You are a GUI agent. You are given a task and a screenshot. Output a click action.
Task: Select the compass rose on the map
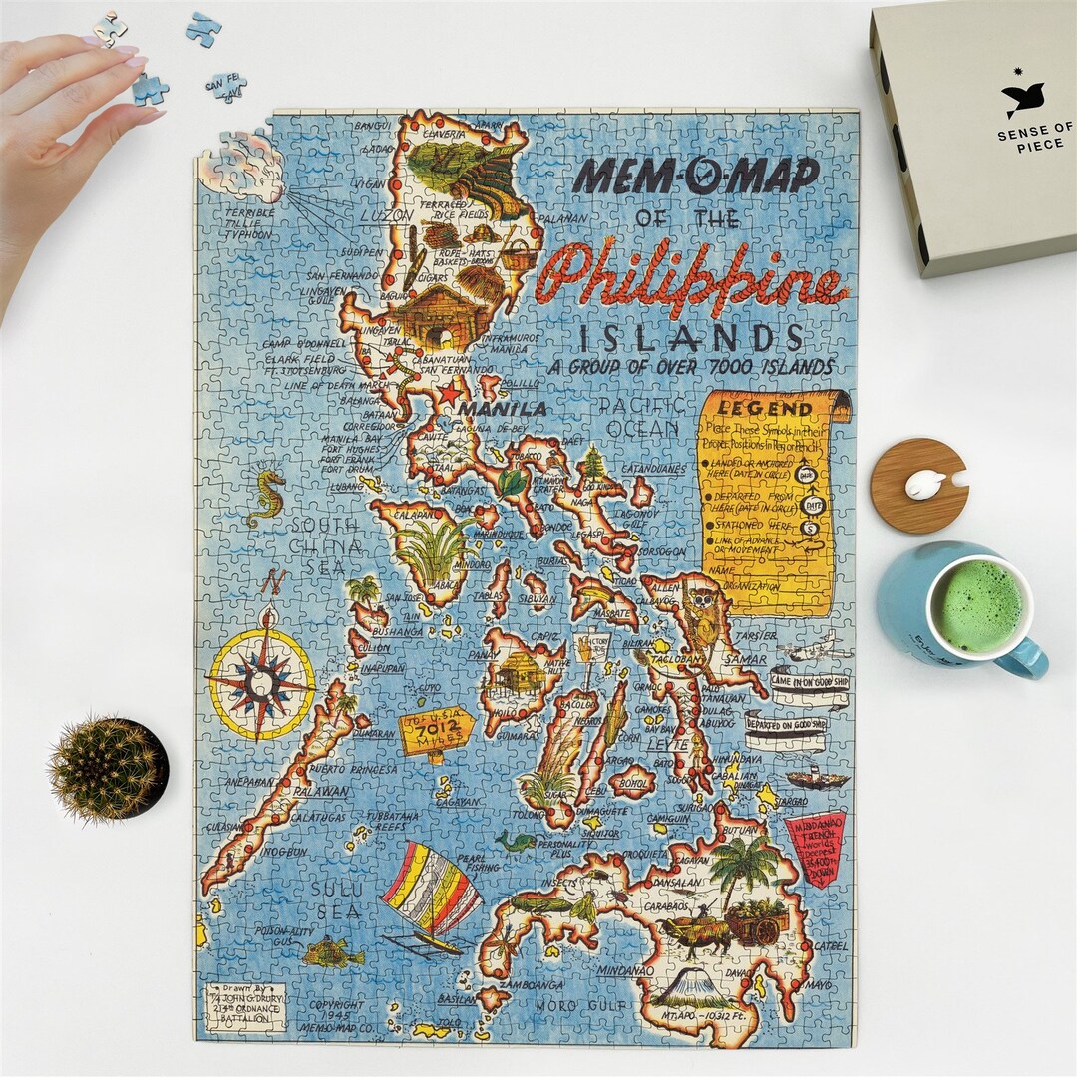point(261,681)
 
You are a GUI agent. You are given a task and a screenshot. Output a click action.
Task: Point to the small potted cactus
point(108,768)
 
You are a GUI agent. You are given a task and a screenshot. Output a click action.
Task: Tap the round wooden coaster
point(918,486)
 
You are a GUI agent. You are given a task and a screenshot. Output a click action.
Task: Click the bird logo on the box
point(1023,98)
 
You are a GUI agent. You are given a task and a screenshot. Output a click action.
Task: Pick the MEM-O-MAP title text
point(695,176)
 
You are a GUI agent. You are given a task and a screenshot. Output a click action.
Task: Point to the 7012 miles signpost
point(436,724)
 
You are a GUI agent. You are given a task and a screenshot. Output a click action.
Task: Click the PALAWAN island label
point(320,792)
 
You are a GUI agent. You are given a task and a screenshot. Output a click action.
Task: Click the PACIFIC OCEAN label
point(643,416)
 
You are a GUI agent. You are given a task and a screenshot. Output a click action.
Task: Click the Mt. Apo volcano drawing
point(694,986)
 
